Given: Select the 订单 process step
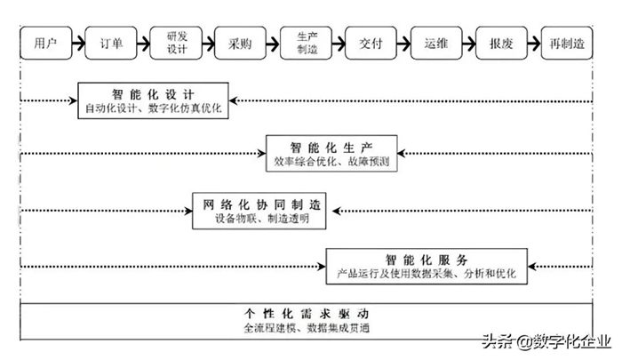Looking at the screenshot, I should pos(111,42).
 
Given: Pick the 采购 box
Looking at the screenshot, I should pos(241,42).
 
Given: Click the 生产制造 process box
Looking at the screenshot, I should pos(306,42).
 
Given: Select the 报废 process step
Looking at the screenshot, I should pos(501,42).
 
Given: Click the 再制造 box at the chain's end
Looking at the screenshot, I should pos(568,42).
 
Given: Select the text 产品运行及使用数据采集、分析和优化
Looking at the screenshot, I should pos(427,275).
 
